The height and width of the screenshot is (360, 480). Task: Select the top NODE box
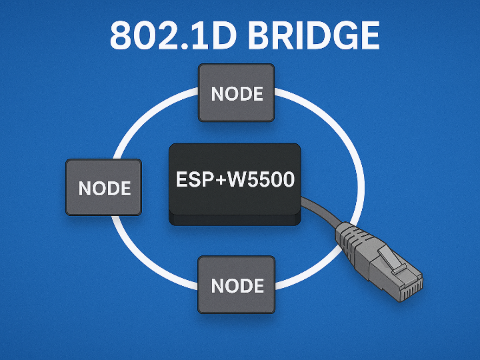pos(237,93)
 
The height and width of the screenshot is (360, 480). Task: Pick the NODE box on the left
pos(104,187)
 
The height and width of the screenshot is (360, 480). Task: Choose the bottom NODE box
pos(237,285)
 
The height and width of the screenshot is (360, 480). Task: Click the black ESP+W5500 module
pos(235,183)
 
